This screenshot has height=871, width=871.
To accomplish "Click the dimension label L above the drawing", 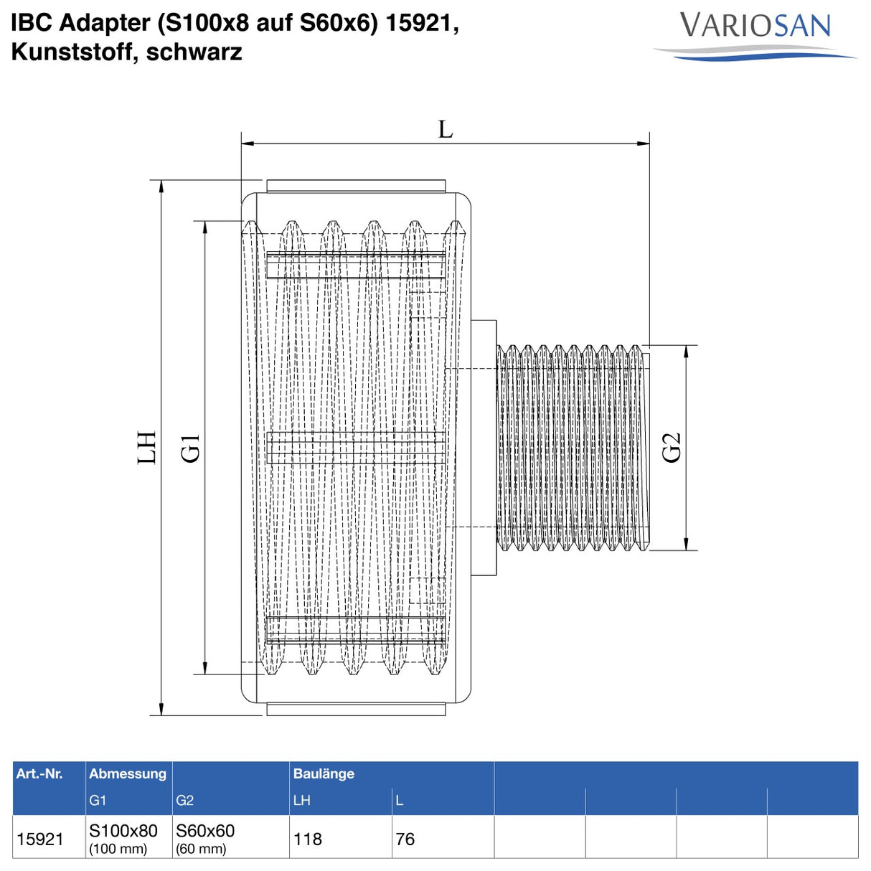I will click(446, 130).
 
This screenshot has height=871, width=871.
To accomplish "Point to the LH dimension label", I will click(147, 448).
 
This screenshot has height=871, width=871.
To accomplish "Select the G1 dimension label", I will click(191, 448).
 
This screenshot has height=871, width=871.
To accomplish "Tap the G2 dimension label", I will click(671, 448).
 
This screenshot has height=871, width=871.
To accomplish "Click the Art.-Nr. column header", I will click(39, 773).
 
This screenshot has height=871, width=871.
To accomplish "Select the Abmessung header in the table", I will click(128, 773).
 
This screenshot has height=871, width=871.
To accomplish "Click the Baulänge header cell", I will click(324, 773).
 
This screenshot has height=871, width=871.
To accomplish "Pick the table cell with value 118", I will click(308, 839).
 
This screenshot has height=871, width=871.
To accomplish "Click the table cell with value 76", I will click(405, 839).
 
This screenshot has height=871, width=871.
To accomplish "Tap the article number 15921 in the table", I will click(40, 839).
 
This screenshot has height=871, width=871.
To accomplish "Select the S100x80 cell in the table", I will click(123, 831).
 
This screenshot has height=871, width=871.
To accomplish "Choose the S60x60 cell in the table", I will click(205, 831).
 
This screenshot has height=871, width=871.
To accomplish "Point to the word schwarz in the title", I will click(194, 52).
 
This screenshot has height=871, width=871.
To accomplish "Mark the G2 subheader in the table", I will click(184, 801).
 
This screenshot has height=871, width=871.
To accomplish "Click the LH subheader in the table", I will click(301, 801).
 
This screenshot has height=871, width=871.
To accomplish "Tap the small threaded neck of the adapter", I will click(571, 448).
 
